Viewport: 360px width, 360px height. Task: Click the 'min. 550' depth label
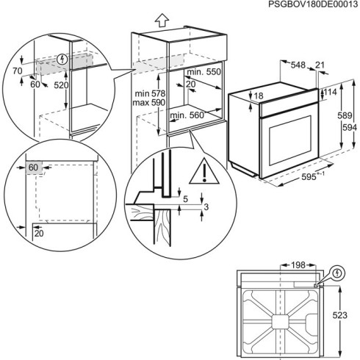[204, 73]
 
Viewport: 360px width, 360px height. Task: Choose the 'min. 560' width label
[187, 115]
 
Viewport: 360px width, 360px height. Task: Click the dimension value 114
[330, 92]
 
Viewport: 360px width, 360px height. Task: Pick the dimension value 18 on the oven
[258, 96]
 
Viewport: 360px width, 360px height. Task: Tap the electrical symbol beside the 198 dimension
[336, 273]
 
